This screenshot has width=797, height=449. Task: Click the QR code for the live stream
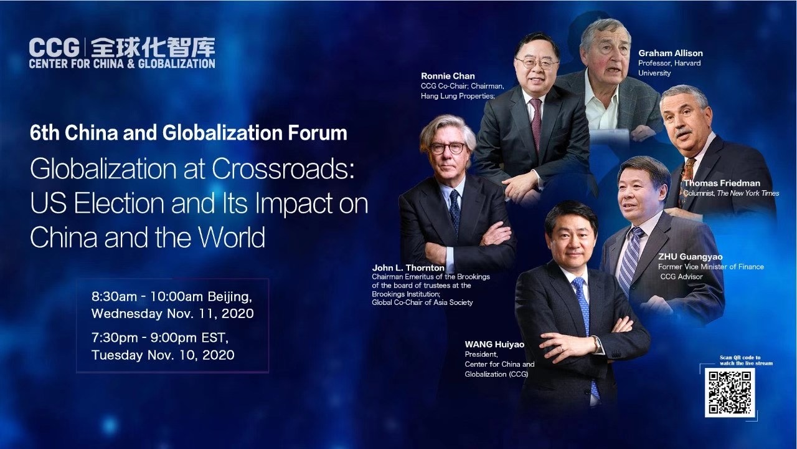click(730, 392)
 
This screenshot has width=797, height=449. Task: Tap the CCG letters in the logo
click(54, 47)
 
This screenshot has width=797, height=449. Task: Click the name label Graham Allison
click(671, 53)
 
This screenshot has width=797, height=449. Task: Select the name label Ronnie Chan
click(448, 76)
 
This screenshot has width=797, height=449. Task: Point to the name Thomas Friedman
click(722, 183)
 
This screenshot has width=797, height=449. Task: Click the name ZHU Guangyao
click(691, 256)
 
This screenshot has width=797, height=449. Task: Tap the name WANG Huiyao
click(494, 344)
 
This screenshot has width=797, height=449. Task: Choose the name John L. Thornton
click(408, 268)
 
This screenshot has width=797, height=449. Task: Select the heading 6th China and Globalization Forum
click(189, 133)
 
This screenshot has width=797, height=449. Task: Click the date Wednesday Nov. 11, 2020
click(172, 314)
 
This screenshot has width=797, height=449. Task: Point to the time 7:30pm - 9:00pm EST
click(160, 337)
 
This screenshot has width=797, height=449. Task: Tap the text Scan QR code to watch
click(746, 360)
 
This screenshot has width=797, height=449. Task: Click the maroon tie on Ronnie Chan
click(535, 123)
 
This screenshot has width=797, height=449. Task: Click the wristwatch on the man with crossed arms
click(597, 344)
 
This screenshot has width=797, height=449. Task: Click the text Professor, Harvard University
click(669, 68)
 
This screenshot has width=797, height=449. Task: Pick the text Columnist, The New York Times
click(731, 193)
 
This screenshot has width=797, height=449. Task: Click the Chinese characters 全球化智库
click(153, 47)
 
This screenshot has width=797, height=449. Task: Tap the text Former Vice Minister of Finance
click(711, 266)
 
